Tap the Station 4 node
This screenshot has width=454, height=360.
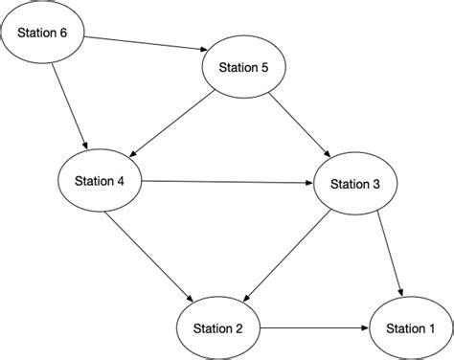click(x=101, y=179)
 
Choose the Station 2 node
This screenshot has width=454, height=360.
click(x=218, y=327)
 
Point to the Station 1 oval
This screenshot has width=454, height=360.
click(x=408, y=328)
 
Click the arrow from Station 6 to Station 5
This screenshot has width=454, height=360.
click(x=144, y=43)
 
